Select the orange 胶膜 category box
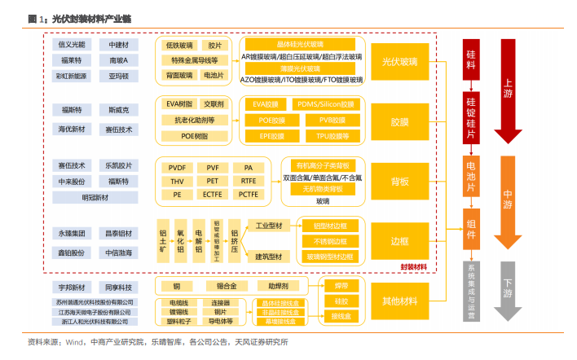[x=399, y=121]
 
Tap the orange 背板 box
[x=399, y=181]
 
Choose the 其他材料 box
[x=399, y=301]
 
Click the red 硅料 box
[x=472, y=59]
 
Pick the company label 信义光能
[x=72, y=44]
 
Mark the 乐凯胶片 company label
[x=119, y=165]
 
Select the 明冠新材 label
[x=95, y=197]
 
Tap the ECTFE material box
[x=213, y=195]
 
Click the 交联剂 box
[x=214, y=104]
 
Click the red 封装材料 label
[x=414, y=266]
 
